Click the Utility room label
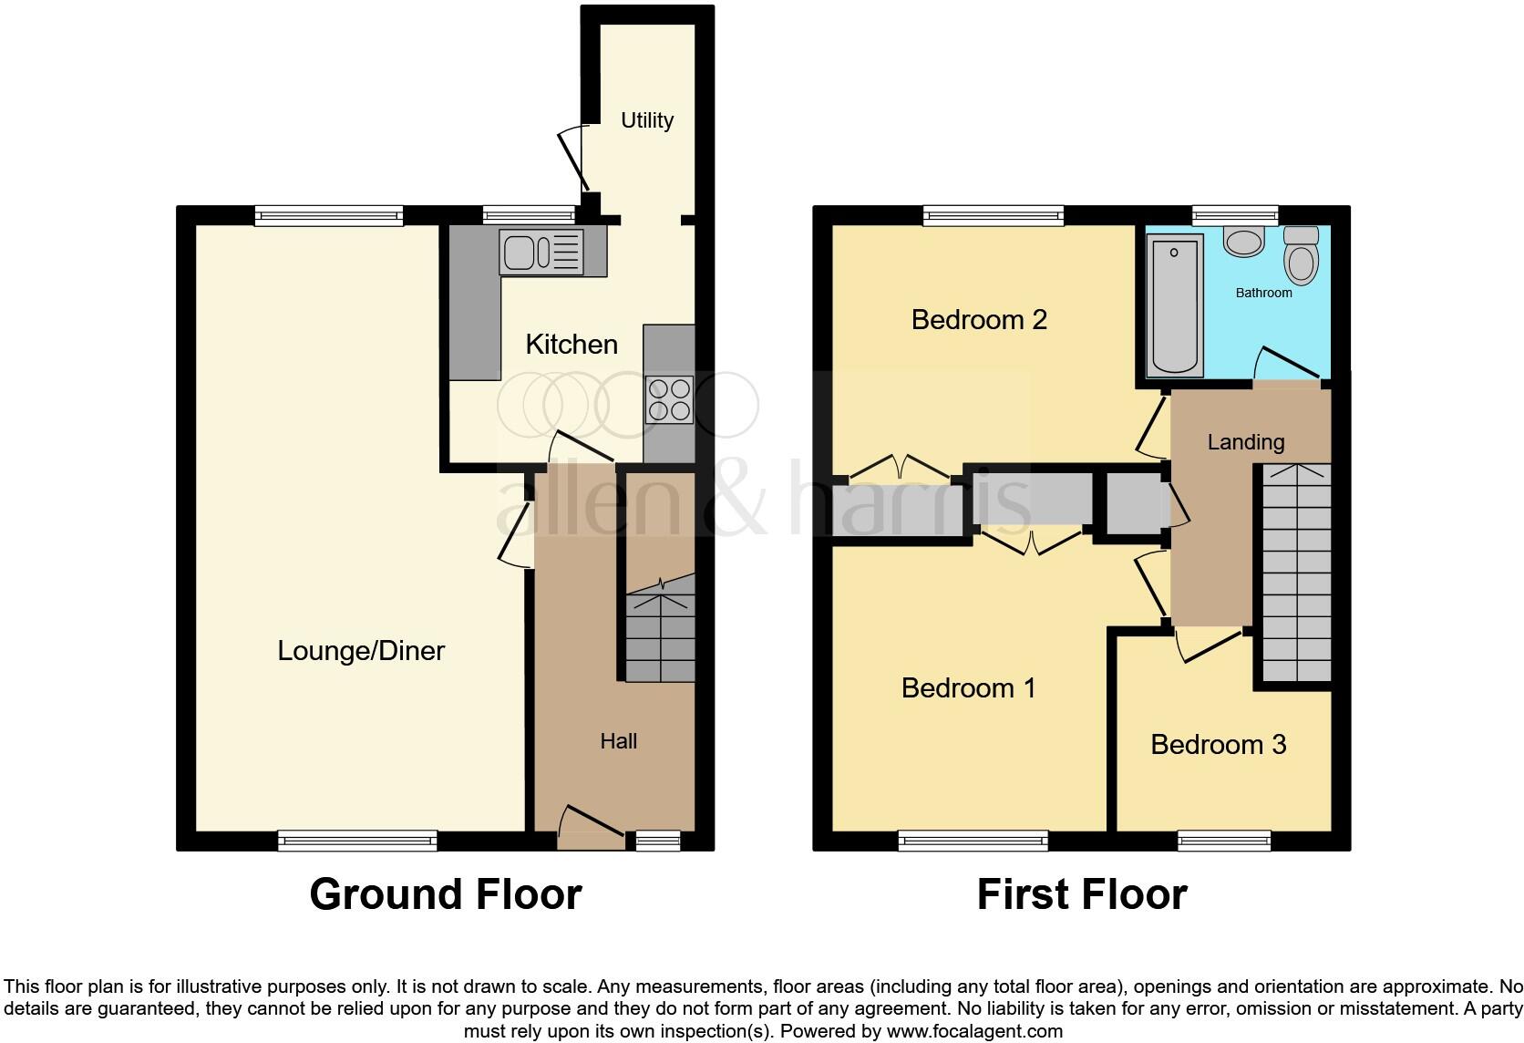(x=646, y=120)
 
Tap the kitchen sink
(x=541, y=252)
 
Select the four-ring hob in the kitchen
(x=669, y=399)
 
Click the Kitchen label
(x=571, y=345)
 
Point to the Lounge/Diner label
(x=361, y=651)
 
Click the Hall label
(x=618, y=741)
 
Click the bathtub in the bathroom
(x=1174, y=303)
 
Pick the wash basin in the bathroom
(x=1242, y=242)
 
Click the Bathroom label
(x=1263, y=293)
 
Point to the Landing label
(x=1245, y=442)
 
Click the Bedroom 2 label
(x=979, y=320)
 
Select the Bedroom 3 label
(x=1218, y=745)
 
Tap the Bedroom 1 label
(x=968, y=687)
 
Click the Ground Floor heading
(x=445, y=894)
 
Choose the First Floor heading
(x=1081, y=894)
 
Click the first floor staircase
(x=1295, y=574)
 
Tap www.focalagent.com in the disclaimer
(x=973, y=1031)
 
